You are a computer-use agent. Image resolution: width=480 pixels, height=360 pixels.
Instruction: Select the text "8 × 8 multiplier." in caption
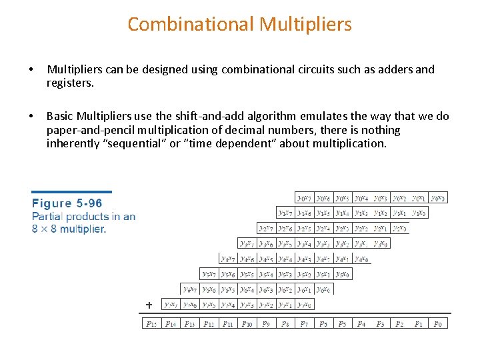[69, 229]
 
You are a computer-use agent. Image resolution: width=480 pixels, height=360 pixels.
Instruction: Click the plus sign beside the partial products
[149, 305]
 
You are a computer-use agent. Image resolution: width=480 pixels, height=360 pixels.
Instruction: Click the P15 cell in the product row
[152, 323]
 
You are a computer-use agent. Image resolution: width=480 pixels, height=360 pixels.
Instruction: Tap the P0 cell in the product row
[438, 323]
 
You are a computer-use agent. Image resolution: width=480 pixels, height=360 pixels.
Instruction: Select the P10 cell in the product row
[247, 323]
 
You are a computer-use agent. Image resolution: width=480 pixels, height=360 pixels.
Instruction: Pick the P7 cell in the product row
[304, 323]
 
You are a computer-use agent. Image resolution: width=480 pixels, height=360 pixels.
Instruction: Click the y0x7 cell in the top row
[305, 198]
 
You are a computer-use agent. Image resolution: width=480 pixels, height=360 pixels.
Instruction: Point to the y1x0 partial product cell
[419, 213]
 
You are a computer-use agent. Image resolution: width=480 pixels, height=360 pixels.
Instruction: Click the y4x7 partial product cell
[229, 259]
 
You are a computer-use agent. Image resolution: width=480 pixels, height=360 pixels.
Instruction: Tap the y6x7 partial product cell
[190, 289]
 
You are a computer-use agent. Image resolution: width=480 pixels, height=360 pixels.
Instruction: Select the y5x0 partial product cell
[343, 274]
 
